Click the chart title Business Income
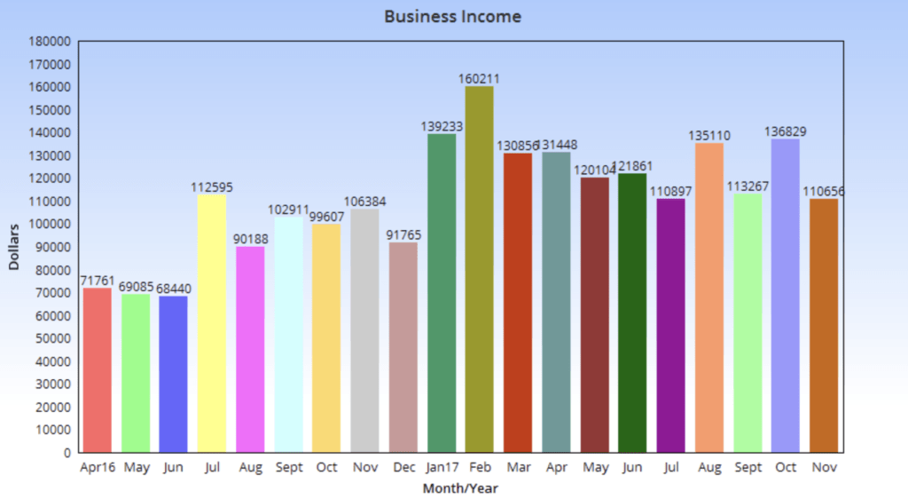click(452, 17)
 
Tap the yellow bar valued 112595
click(212, 323)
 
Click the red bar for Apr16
click(98, 369)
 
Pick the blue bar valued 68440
click(174, 374)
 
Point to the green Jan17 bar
click(442, 292)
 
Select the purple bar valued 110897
click(671, 325)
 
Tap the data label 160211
click(480, 78)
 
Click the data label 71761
click(98, 281)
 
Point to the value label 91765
click(403, 235)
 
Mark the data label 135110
click(709, 136)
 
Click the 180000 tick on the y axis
click(50, 41)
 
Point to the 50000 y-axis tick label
click(52, 338)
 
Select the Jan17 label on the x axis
click(442, 467)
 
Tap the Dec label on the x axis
click(403, 467)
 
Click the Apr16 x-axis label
click(98, 467)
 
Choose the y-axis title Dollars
click(13, 248)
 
